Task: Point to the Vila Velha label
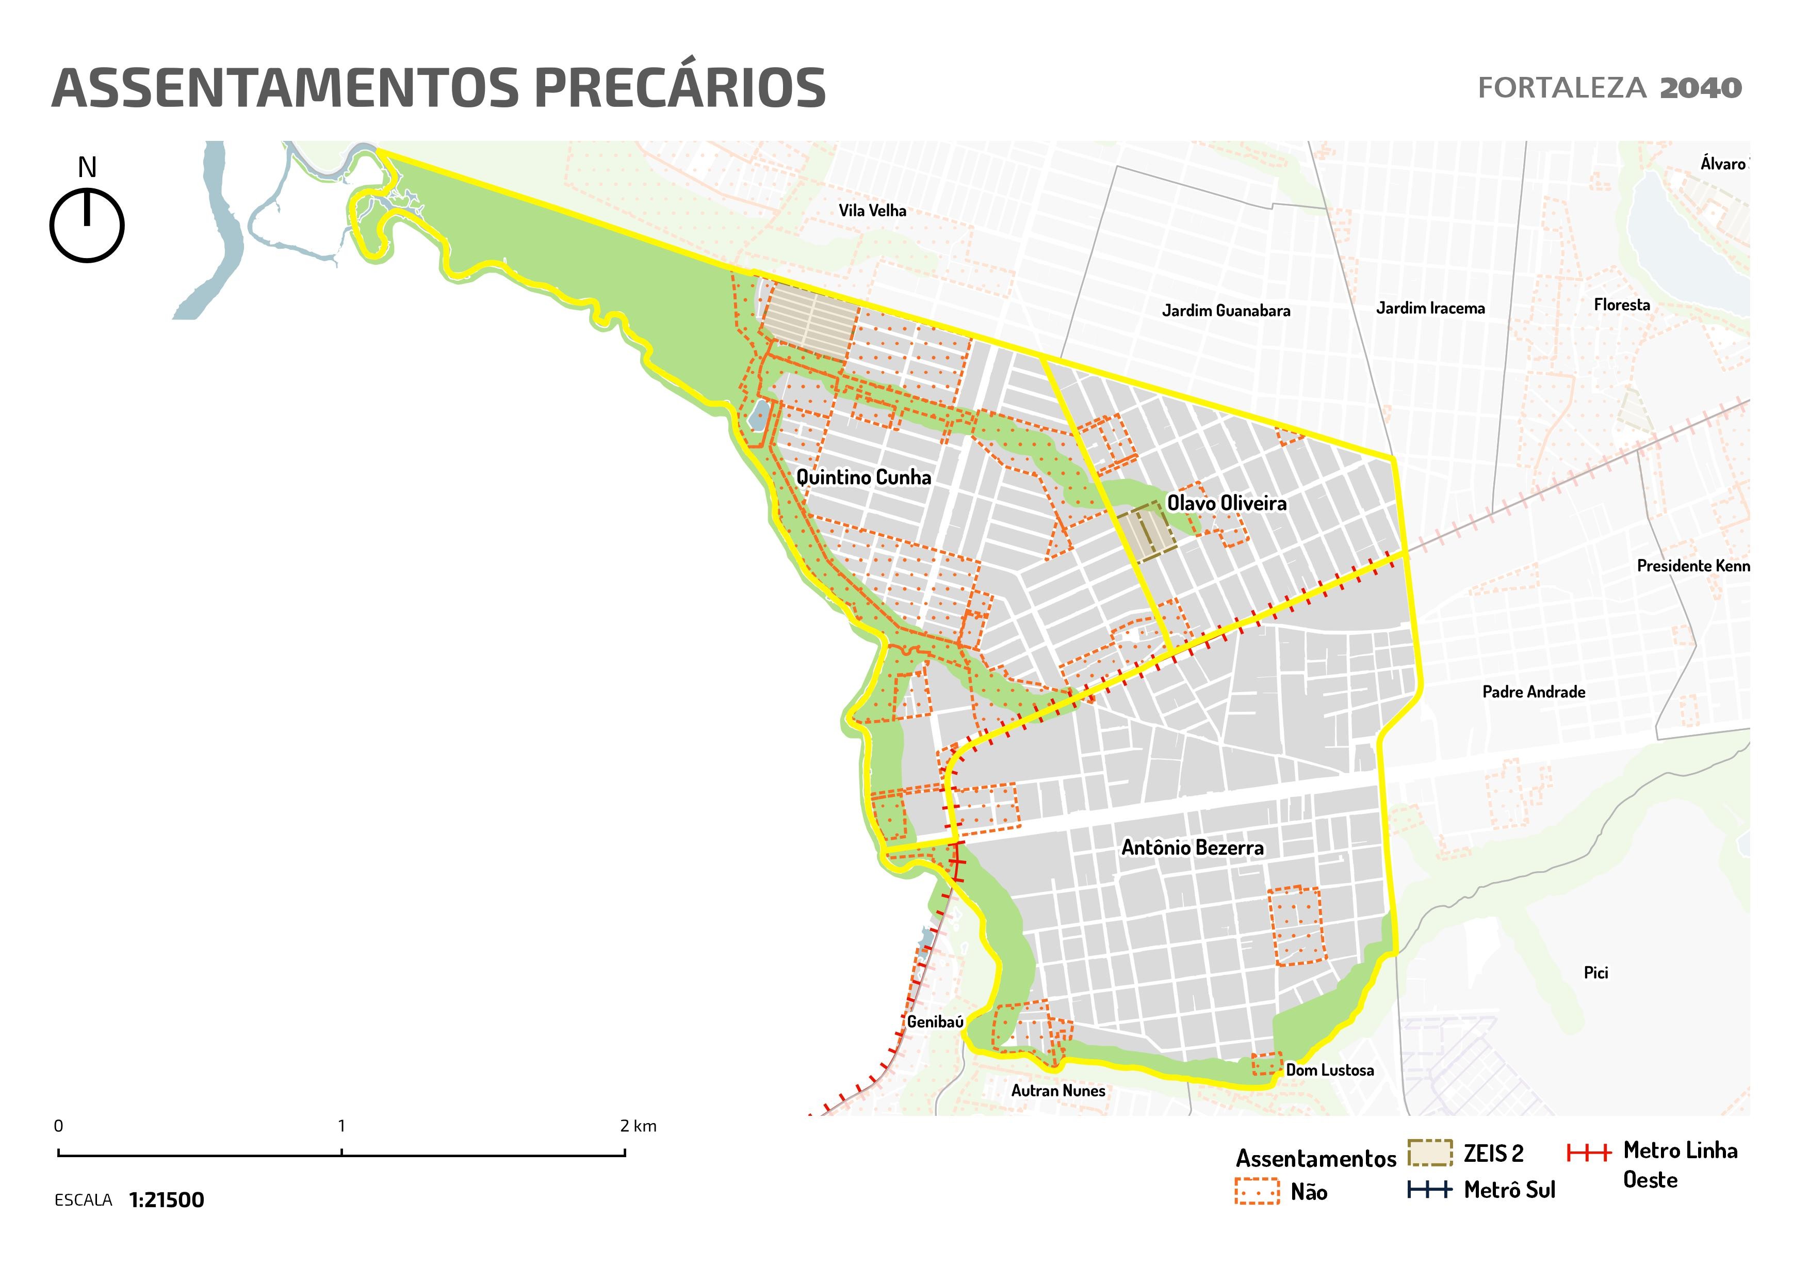point(872,211)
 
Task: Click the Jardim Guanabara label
point(1226,311)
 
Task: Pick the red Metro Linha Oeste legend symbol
point(1588,1153)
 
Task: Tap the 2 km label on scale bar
point(638,1126)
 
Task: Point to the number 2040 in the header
point(1700,88)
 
